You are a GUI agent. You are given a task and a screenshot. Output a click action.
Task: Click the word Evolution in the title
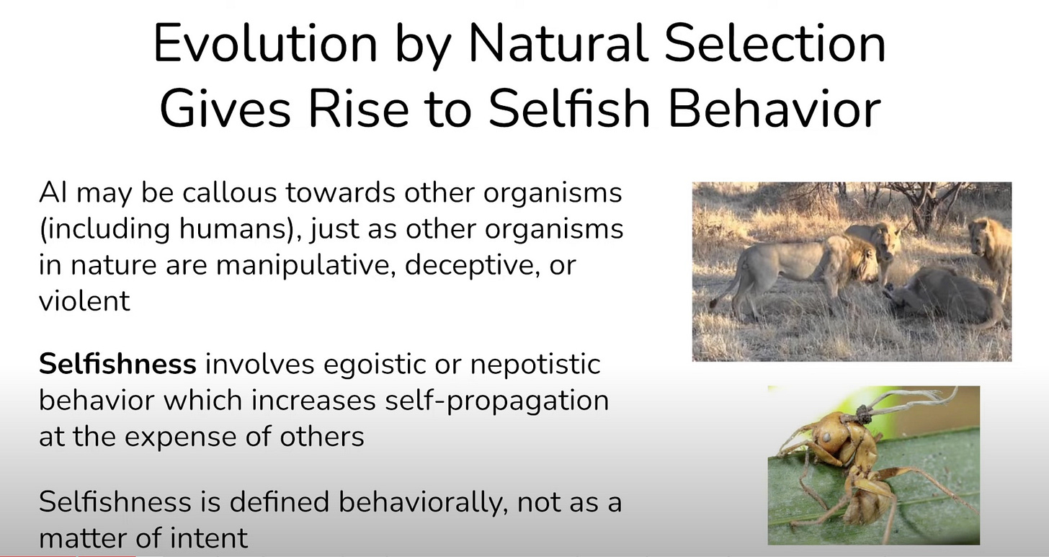[265, 44]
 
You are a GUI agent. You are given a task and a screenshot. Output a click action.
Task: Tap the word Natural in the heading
[558, 44]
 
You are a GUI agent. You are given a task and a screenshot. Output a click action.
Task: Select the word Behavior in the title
[775, 109]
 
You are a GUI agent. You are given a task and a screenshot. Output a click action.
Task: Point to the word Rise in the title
[358, 109]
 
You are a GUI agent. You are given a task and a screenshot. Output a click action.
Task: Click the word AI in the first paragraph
[53, 192]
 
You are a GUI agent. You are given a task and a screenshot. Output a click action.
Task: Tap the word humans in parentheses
[236, 228]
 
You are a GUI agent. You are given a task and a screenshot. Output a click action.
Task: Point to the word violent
[84, 300]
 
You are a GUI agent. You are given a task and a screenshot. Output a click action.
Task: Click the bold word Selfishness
[117, 364]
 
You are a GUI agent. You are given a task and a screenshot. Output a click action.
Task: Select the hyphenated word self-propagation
[497, 401]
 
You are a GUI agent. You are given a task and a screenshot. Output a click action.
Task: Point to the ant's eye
[828, 437]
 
